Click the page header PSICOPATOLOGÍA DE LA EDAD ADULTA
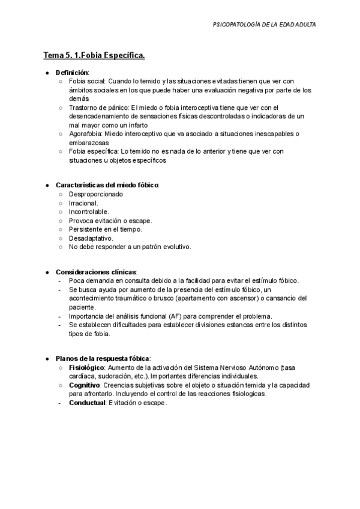[264, 25]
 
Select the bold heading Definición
[72, 72]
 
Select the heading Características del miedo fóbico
[107, 185]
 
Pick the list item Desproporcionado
[96, 194]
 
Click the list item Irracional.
[84, 203]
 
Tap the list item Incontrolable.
[89, 212]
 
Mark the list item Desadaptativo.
[91, 238]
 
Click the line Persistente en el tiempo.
[106, 229]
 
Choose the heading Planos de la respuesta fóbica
[103, 358]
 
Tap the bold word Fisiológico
[87, 367]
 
